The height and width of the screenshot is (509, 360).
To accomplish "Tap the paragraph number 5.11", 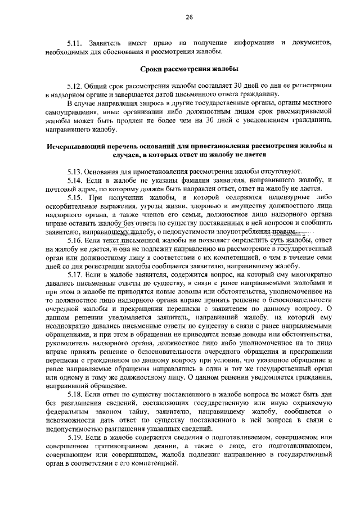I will click(75, 43).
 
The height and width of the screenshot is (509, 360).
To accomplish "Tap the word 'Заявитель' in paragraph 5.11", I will click(107, 43).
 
